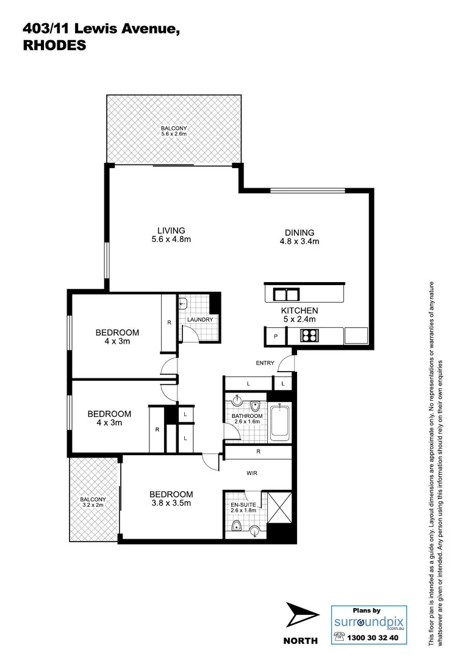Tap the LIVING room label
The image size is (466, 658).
point(171,235)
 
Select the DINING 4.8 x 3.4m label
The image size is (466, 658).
point(299,236)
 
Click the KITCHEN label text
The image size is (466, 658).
point(299,315)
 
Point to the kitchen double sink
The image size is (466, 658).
point(285,295)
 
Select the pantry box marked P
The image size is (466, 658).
point(274,336)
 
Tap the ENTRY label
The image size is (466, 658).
point(266,364)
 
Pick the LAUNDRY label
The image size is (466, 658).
point(199,320)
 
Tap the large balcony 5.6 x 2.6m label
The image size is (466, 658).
point(174,131)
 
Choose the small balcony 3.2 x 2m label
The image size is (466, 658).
point(93,502)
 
